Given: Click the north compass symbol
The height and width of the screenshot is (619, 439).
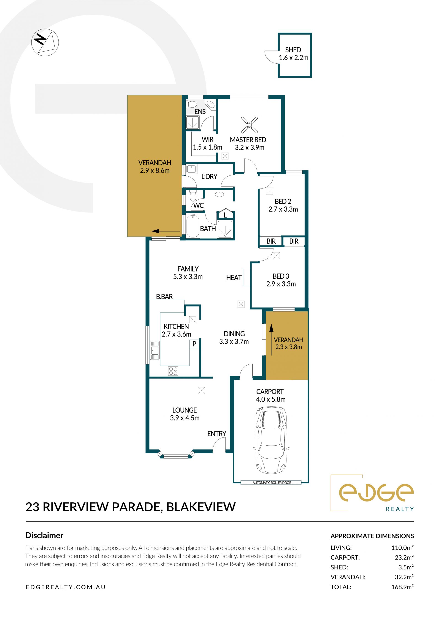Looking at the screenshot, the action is coord(45,43).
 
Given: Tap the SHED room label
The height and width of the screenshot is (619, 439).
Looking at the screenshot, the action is coord(293,50).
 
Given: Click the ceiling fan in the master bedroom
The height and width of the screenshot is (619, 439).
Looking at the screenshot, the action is coord(249,125).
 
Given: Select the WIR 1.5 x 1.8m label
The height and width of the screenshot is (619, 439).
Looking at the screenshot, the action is coord(207,143).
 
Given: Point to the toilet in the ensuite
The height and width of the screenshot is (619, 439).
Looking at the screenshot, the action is coord(193,104).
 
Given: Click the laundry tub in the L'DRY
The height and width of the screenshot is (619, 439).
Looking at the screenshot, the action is coord(191,169).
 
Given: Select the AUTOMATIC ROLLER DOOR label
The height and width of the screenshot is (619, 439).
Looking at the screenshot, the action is coord(272,483).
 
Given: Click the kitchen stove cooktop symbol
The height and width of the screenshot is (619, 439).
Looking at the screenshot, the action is coord(173,371).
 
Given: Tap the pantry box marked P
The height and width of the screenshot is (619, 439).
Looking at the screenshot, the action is coord(194,344).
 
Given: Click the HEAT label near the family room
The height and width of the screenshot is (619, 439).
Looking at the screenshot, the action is coord(234,278).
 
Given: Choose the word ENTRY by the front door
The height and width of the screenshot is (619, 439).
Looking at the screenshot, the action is coord(217,434).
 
